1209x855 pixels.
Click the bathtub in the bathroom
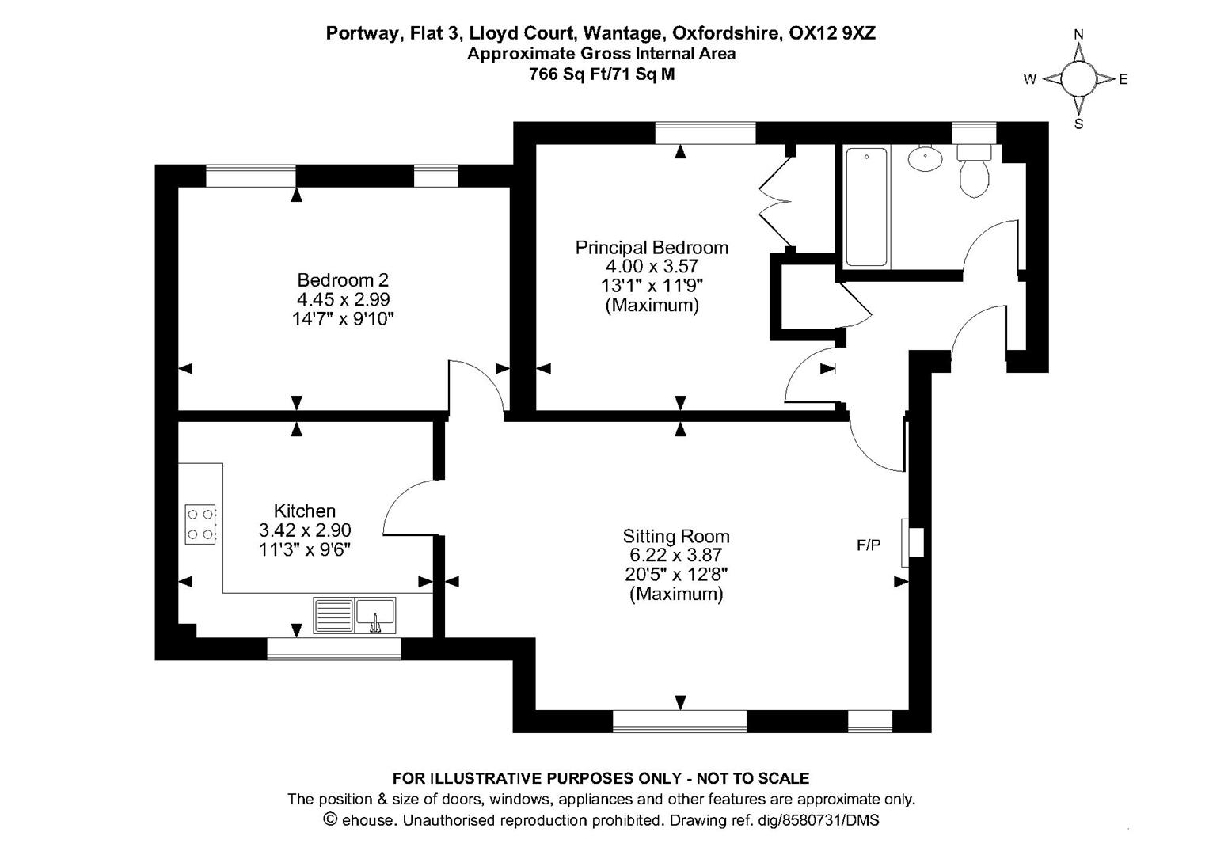pos(866,207)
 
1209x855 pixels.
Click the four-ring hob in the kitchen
pos(200,524)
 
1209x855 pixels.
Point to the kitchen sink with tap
pos(374,616)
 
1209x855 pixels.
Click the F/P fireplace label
pos(869,545)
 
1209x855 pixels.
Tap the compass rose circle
pos(1078,78)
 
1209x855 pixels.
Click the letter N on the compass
pos(1078,34)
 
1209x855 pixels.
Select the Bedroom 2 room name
pos(343,280)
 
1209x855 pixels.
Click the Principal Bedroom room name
pos(652,248)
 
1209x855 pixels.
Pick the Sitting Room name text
pos(676,536)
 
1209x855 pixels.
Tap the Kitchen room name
pos(305,511)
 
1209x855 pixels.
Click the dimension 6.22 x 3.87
pos(676,556)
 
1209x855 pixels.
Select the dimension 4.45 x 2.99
pos(343,300)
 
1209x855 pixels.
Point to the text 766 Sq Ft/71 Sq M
pos(602,75)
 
